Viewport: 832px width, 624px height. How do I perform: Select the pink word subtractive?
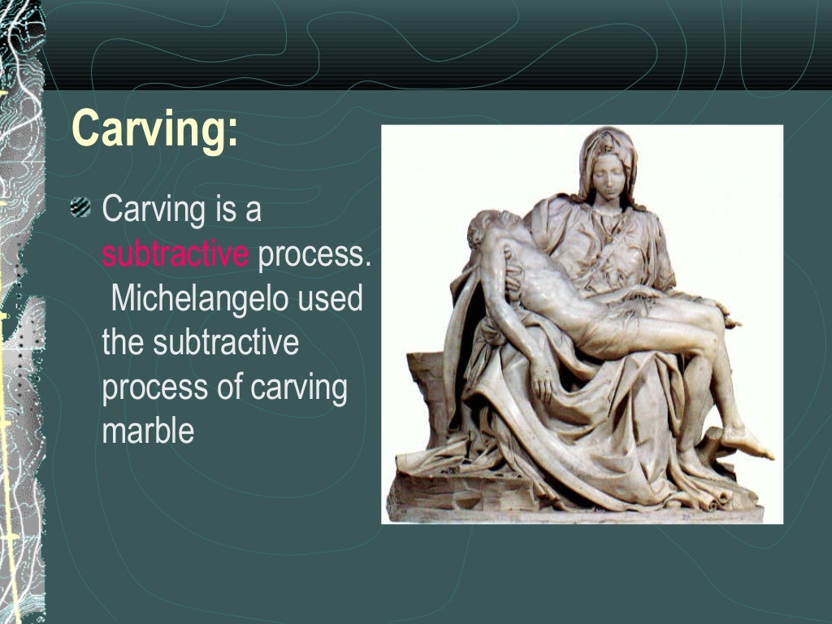click(175, 254)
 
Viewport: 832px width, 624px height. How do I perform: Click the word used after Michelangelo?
click(330, 298)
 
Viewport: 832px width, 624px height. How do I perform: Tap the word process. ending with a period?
click(314, 254)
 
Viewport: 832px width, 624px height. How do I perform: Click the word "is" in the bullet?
click(225, 210)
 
